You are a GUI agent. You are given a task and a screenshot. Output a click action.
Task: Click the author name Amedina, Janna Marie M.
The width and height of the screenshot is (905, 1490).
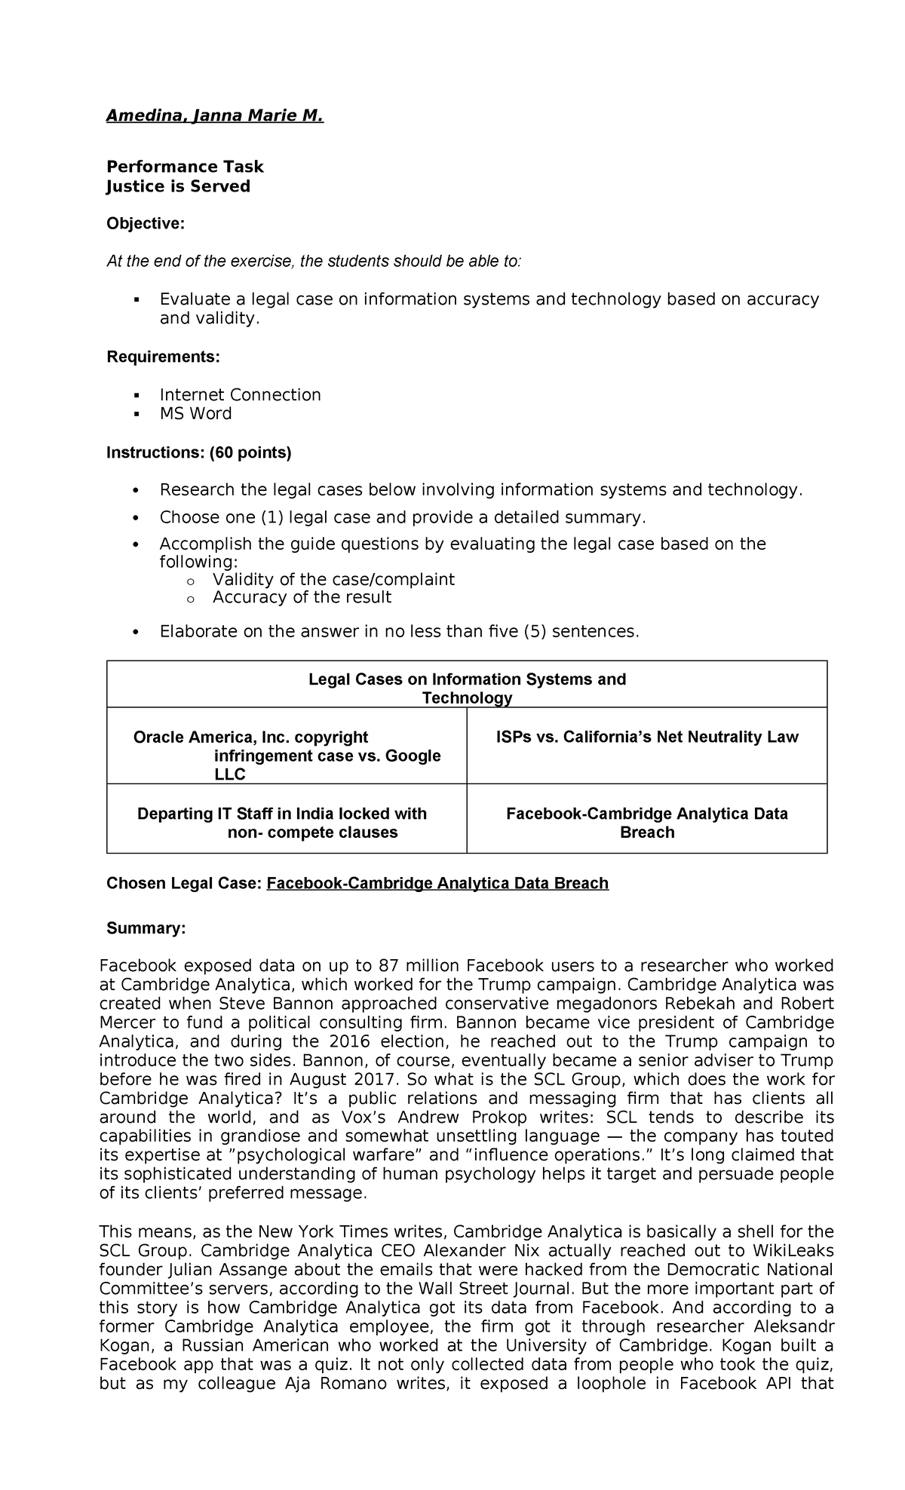click(214, 116)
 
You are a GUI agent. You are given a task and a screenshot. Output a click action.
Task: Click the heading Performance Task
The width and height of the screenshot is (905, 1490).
click(185, 167)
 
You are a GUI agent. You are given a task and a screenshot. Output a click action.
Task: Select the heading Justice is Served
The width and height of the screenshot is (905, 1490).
click(178, 186)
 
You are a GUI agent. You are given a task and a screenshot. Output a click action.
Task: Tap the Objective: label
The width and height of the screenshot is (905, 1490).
click(145, 224)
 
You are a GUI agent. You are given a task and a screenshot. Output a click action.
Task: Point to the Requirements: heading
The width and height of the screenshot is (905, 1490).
click(163, 357)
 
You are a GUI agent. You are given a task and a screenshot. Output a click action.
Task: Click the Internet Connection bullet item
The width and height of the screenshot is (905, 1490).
click(240, 395)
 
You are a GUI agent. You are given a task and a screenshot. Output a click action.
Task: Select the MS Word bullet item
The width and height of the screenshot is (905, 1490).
click(195, 413)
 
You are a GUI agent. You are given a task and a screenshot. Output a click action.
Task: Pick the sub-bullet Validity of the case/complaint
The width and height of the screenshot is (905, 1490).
click(333, 579)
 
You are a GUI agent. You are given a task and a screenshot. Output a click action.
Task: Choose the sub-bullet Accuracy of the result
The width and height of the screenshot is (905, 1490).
click(302, 597)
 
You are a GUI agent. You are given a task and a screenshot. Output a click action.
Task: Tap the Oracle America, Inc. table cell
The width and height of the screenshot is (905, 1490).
click(287, 755)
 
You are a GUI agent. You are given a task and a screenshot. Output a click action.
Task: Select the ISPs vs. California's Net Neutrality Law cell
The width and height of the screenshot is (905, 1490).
click(646, 737)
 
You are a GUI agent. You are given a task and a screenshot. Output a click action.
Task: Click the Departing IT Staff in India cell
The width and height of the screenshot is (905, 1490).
click(282, 823)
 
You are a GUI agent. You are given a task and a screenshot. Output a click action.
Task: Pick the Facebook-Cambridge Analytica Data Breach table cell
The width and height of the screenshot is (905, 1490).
click(646, 823)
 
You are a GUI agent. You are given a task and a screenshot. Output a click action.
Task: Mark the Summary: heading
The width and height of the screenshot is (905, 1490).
click(146, 928)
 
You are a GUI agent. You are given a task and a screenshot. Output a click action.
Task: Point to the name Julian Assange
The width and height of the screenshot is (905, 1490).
click(199, 1270)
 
